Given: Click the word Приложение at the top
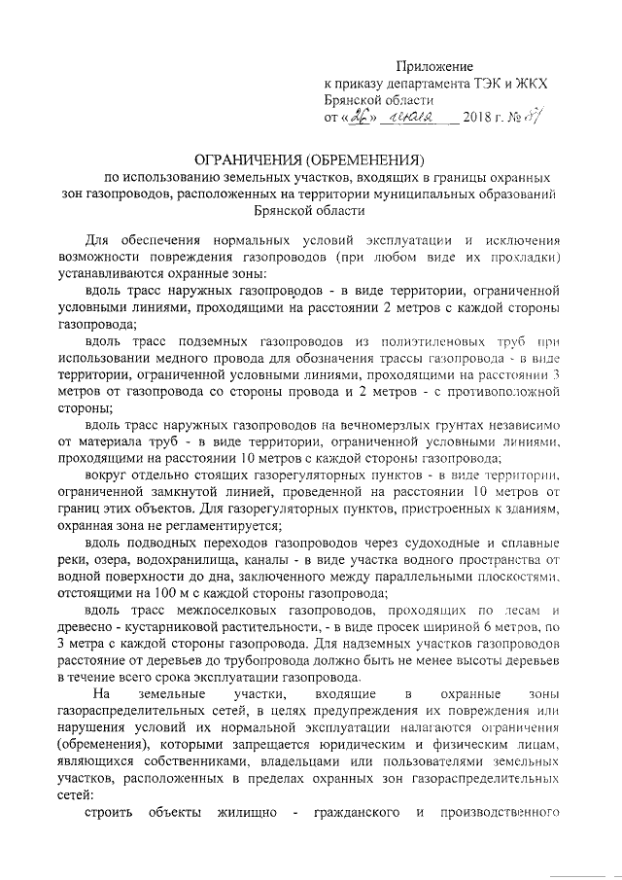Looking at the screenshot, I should coord(434,65).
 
